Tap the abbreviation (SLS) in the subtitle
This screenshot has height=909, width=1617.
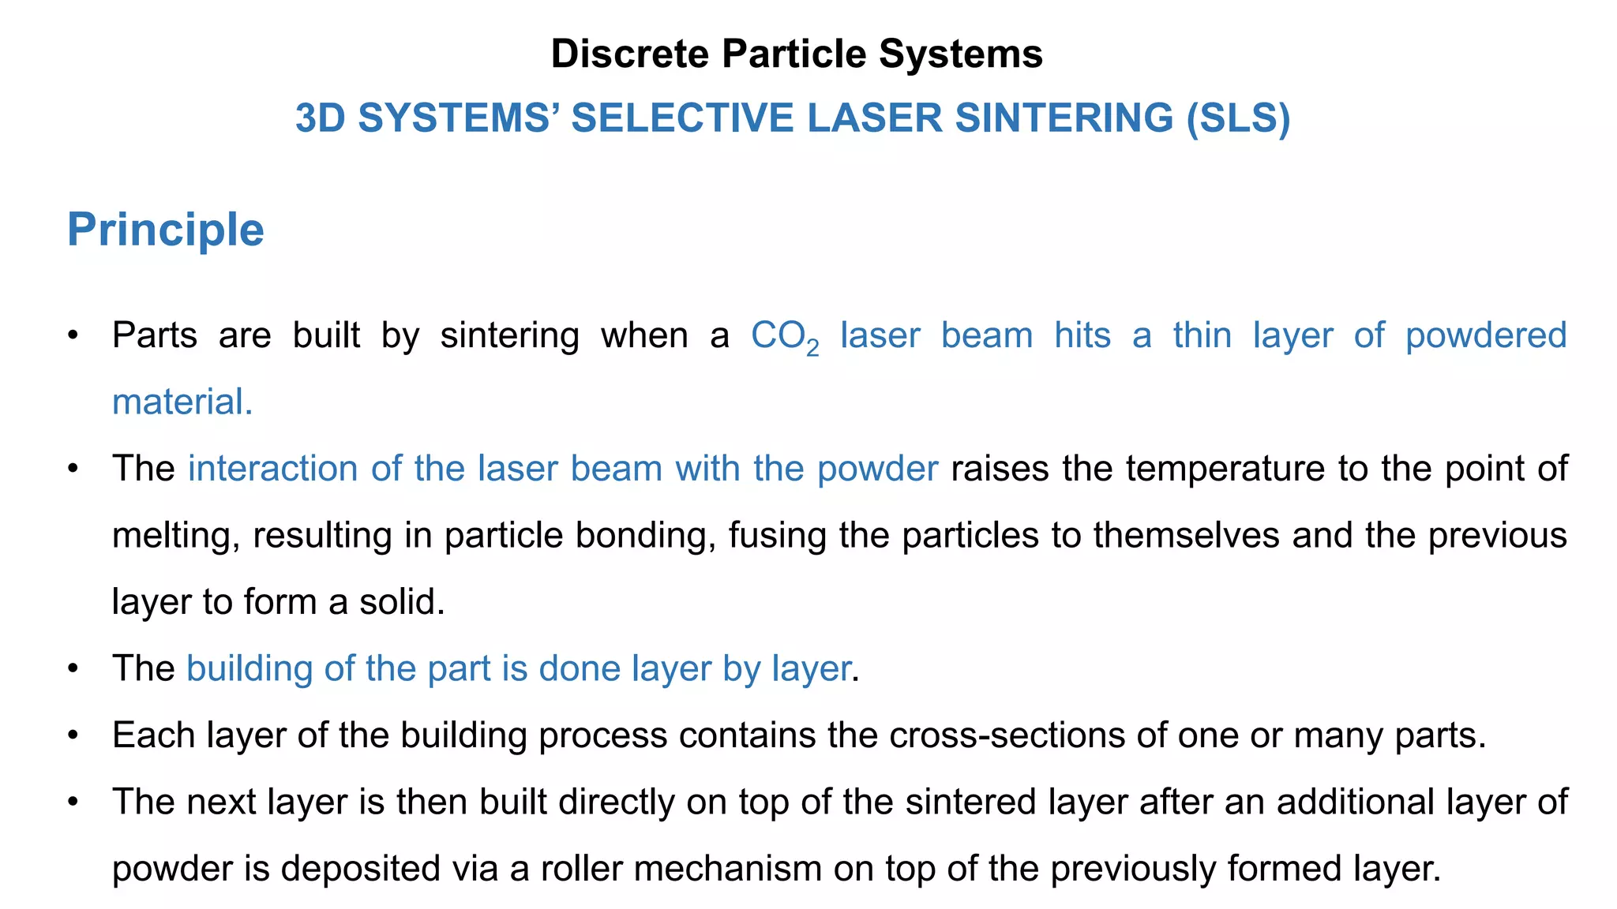[x=1238, y=118]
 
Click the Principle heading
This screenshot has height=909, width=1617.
[x=166, y=230]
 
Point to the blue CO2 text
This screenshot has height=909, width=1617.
[x=784, y=337]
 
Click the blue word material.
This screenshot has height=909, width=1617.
[x=182, y=402]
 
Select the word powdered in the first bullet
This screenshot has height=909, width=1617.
[x=1486, y=335]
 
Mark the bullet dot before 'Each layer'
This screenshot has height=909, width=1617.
[x=73, y=735]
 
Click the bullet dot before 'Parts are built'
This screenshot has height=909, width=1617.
[x=73, y=335]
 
